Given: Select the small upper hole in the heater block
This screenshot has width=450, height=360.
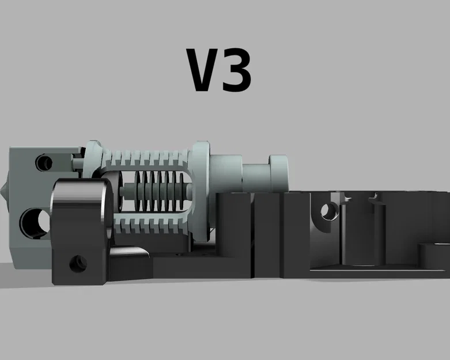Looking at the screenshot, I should tap(43, 162).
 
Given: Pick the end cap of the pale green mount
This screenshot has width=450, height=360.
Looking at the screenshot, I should tap(277, 173).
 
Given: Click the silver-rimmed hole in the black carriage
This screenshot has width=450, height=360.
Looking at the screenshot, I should tap(330, 210).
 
